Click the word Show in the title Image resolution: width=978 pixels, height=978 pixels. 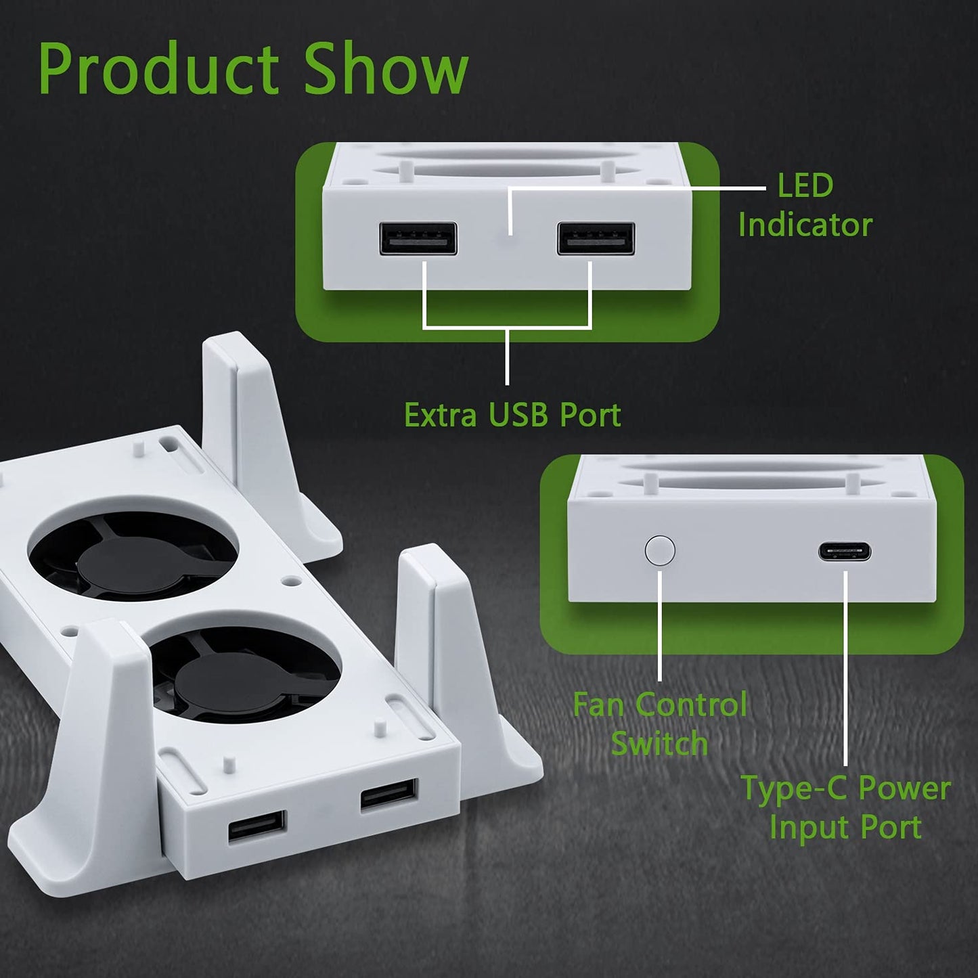pos(386,69)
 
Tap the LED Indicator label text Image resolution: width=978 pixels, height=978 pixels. pos(805,205)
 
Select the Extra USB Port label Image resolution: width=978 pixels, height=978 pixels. pos(512,415)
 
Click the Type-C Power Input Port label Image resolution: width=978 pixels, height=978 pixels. pos(845,807)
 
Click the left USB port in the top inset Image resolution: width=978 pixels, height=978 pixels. pos(418,239)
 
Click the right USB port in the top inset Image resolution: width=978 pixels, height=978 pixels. pos(596,239)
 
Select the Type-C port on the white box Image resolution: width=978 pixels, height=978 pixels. pos(844,552)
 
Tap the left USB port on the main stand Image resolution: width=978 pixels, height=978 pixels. pos(257,826)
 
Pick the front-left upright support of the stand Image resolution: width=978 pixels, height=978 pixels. pos(108,731)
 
